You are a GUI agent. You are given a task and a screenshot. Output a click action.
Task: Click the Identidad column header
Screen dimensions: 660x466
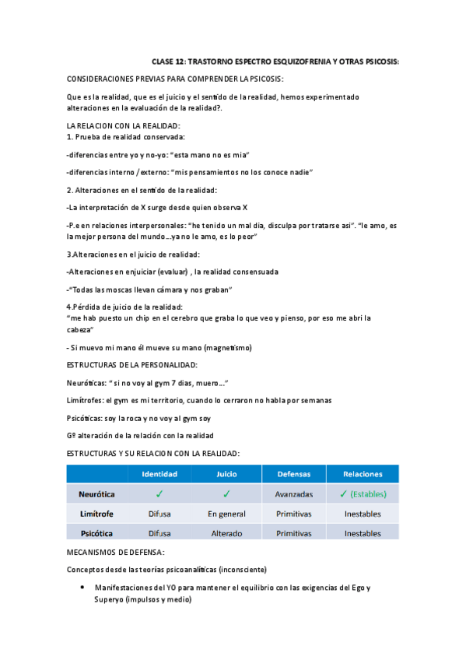point(159,473)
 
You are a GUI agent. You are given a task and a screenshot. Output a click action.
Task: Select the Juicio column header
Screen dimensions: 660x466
point(226,473)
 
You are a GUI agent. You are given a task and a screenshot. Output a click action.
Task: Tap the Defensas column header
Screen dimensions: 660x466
point(293,473)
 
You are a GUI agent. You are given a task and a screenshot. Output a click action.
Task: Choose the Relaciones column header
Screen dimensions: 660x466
point(363,473)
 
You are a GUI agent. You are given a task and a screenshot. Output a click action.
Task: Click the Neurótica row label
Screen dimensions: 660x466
point(96,493)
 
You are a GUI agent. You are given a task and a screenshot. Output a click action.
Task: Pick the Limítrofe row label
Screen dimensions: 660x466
point(96,514)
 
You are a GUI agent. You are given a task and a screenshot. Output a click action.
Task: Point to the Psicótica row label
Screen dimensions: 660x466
point(96,533)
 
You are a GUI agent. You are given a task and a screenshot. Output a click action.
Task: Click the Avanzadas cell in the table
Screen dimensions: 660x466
point(293,493)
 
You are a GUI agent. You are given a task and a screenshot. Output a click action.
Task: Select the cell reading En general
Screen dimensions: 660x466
point(226,514)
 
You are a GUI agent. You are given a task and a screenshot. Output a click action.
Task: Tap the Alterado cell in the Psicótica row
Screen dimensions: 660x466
point(226,533)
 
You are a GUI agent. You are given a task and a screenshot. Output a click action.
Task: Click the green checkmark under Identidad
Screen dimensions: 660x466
point(159,493)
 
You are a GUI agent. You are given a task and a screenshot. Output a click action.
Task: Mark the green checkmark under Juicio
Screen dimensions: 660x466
point(226,493)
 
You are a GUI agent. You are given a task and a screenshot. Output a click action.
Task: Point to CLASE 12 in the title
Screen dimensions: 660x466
point(168,61)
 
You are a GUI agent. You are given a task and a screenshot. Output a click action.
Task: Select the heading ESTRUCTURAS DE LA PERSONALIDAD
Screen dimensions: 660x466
point(132,364)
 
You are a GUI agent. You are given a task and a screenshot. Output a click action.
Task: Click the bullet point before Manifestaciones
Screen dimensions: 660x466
point(81,588)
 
